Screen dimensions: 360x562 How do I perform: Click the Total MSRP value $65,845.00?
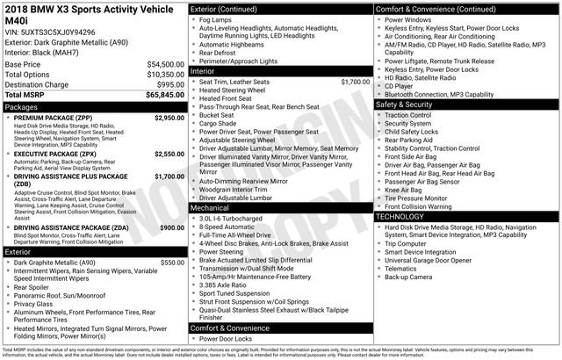160,93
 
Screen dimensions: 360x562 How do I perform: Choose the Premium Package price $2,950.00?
169,117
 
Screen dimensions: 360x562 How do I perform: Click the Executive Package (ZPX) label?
57,154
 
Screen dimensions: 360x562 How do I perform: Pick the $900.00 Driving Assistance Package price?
172,227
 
